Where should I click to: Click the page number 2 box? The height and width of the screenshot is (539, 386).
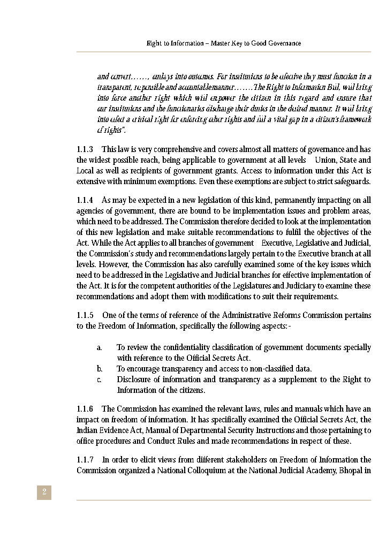point(44,492)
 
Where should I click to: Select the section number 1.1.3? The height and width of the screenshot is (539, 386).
point(85,149)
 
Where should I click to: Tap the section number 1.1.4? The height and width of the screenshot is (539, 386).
point(85,200)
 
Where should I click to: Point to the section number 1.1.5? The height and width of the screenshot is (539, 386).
point(85,315)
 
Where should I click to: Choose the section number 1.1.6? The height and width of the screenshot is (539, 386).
point(85,409)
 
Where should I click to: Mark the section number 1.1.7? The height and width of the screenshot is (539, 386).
point(85,460)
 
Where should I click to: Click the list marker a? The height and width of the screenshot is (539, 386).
point(100,347)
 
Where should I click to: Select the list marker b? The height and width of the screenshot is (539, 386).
point(100,369)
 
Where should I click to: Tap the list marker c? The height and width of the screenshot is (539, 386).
point(100,379)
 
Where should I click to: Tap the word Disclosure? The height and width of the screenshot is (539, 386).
point(134,379)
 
